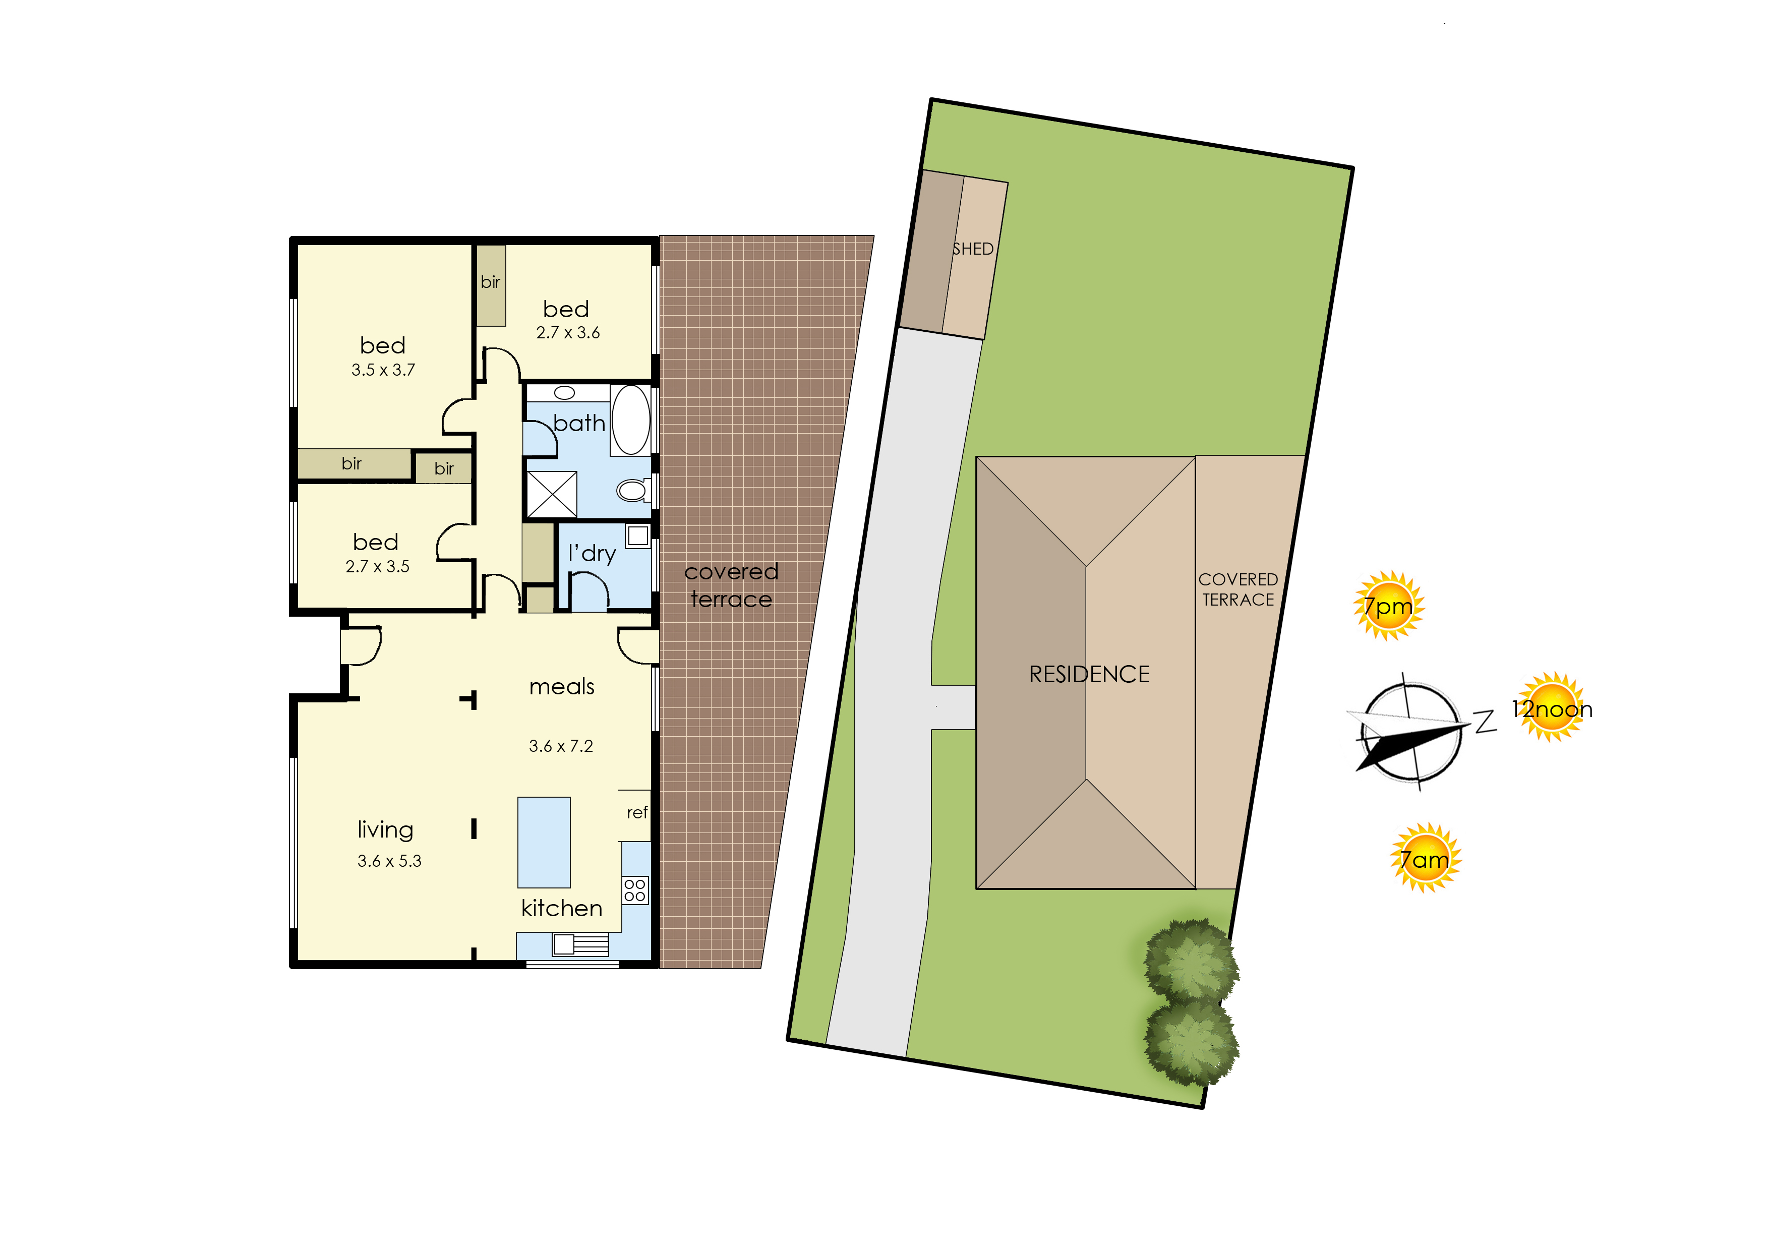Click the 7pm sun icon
[1388, 606]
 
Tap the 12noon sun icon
[1551, 706]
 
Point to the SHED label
[973, 249]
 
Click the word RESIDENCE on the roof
[1089, 674]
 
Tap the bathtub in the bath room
[631, 420]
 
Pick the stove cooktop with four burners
[635, 890]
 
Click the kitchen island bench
[544, 842]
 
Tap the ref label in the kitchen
[637, 813]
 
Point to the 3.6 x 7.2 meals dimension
[561, 746]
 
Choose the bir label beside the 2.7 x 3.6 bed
[491, 282]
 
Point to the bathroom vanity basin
[565, 393]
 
